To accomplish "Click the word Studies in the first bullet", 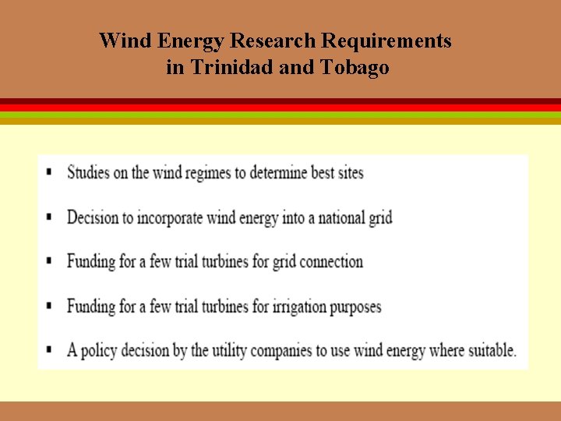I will coord(88,172).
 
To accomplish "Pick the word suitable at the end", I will coord(492,350).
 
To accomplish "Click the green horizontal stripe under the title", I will coord(280,115).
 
